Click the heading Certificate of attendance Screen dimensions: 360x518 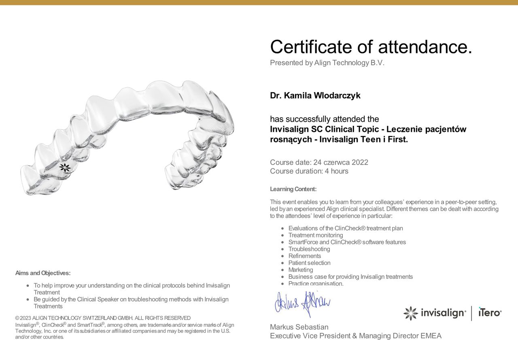371,47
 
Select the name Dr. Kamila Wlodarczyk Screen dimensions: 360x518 315,96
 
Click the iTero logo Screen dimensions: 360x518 490,313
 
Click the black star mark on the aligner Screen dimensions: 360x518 65,167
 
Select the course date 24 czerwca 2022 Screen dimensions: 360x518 340,163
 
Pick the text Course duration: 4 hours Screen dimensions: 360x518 309,171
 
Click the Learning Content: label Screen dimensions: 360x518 293,189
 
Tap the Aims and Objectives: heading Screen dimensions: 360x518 43,273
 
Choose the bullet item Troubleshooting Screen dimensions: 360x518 309,249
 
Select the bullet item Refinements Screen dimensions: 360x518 305,256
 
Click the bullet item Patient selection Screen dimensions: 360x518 309,263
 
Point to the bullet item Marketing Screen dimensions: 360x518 301,270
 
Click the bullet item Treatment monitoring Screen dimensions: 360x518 316,235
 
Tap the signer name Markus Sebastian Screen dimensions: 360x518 299,327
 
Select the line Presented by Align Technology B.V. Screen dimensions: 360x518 327,63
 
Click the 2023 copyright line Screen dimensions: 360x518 103,318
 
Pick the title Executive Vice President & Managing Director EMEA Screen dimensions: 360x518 356,336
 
